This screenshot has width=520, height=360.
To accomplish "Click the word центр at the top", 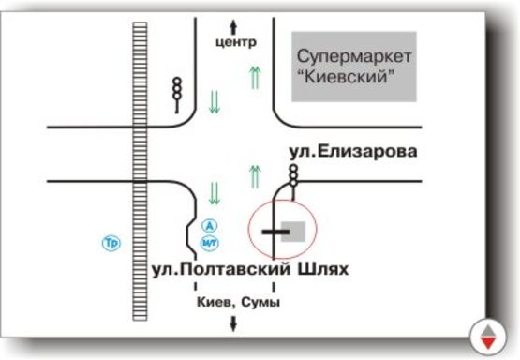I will click(x=235, y=42).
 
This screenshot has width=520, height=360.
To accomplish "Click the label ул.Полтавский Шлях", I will click(x=249, y=270).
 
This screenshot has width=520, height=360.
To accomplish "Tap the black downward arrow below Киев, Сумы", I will click(x=233, y=323).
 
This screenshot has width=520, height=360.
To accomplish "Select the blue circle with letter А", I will click(x=210, y=225).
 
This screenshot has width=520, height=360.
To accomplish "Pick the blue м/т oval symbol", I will click(x=210, y=243).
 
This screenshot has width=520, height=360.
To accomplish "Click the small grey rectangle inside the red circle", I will click(x=293, y=231).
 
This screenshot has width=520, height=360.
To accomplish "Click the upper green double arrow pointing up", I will click(x=254, y=80).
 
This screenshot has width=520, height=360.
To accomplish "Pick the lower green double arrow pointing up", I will click(x=254, y=173).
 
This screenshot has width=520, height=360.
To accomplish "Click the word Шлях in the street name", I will click(x=317, y=270).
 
